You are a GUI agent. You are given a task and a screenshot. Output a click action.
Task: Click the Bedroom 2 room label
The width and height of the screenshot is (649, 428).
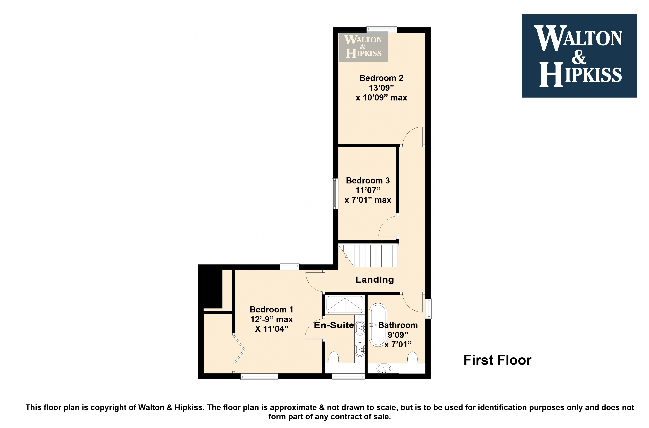tap(381, 78)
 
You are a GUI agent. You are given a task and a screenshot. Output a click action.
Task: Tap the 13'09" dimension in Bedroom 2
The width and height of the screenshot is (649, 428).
tap(381, 88)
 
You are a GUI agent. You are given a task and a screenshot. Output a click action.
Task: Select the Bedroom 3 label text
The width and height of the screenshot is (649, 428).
tap(368, 181)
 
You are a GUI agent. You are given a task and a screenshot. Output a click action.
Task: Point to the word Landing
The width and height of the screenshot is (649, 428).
tap(375, 280)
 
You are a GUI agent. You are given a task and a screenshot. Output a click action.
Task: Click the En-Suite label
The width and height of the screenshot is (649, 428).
tap(334, 325)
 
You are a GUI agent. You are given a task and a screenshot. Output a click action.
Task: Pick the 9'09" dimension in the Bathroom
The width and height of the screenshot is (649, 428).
tap(398, 335)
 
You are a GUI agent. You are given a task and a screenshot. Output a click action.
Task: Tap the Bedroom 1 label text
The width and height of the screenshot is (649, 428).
tap(272, 309)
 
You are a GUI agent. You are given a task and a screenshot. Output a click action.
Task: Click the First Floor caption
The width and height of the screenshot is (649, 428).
tap(498, 360)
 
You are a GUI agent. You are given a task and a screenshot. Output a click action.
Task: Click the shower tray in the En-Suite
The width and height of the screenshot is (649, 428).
tap(345, 304)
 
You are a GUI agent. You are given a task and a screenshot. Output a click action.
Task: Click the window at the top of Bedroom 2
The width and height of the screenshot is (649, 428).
tap(381, 29)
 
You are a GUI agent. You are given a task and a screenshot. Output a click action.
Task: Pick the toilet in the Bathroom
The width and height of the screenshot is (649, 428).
tap(412, 358)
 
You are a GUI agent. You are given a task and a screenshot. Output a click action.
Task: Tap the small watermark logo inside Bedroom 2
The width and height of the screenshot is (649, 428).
tap(363, 46)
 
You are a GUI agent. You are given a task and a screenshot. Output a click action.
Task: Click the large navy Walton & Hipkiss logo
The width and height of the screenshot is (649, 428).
tap(579, 56)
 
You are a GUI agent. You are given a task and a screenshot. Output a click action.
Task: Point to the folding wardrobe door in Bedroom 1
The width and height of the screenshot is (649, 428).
tap(239, 349)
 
